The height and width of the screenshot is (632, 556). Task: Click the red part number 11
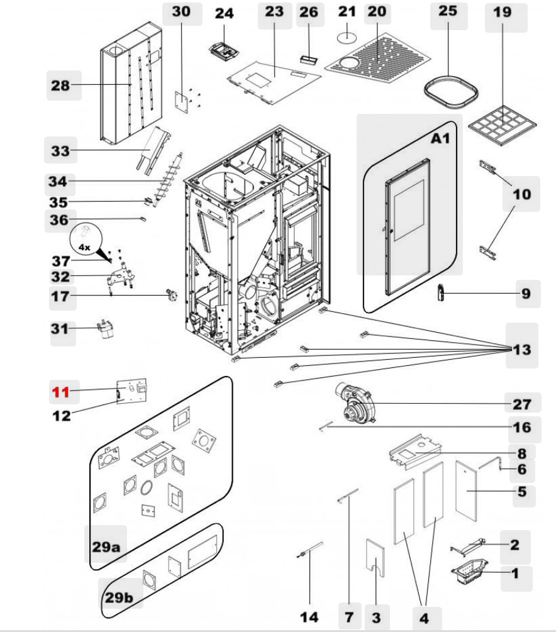60,392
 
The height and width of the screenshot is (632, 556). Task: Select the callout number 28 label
61,85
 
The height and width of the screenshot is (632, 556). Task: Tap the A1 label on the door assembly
440,138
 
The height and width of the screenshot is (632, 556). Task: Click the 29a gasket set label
106,546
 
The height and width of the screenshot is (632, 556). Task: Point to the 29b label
119,597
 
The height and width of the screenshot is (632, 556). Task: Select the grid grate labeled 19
504,125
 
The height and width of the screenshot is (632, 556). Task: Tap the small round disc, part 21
347,37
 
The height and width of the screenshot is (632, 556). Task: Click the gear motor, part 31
103,329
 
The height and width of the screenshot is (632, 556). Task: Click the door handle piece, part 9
442,292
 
